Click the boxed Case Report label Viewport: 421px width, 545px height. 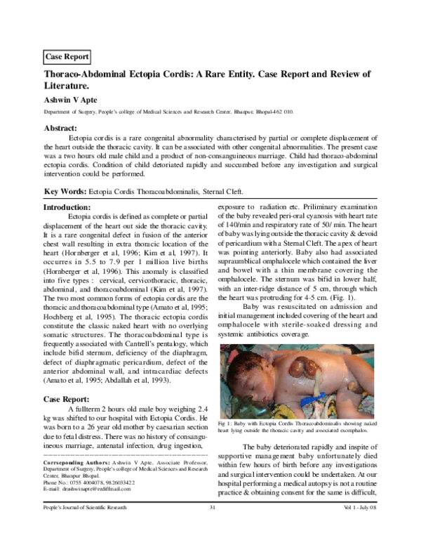point(66,56)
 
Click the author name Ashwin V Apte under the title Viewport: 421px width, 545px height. point(72,100)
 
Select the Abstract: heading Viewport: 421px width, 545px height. point(60,128)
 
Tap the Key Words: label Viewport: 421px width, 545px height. point(65,192)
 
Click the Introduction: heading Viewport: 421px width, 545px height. point(67,208)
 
